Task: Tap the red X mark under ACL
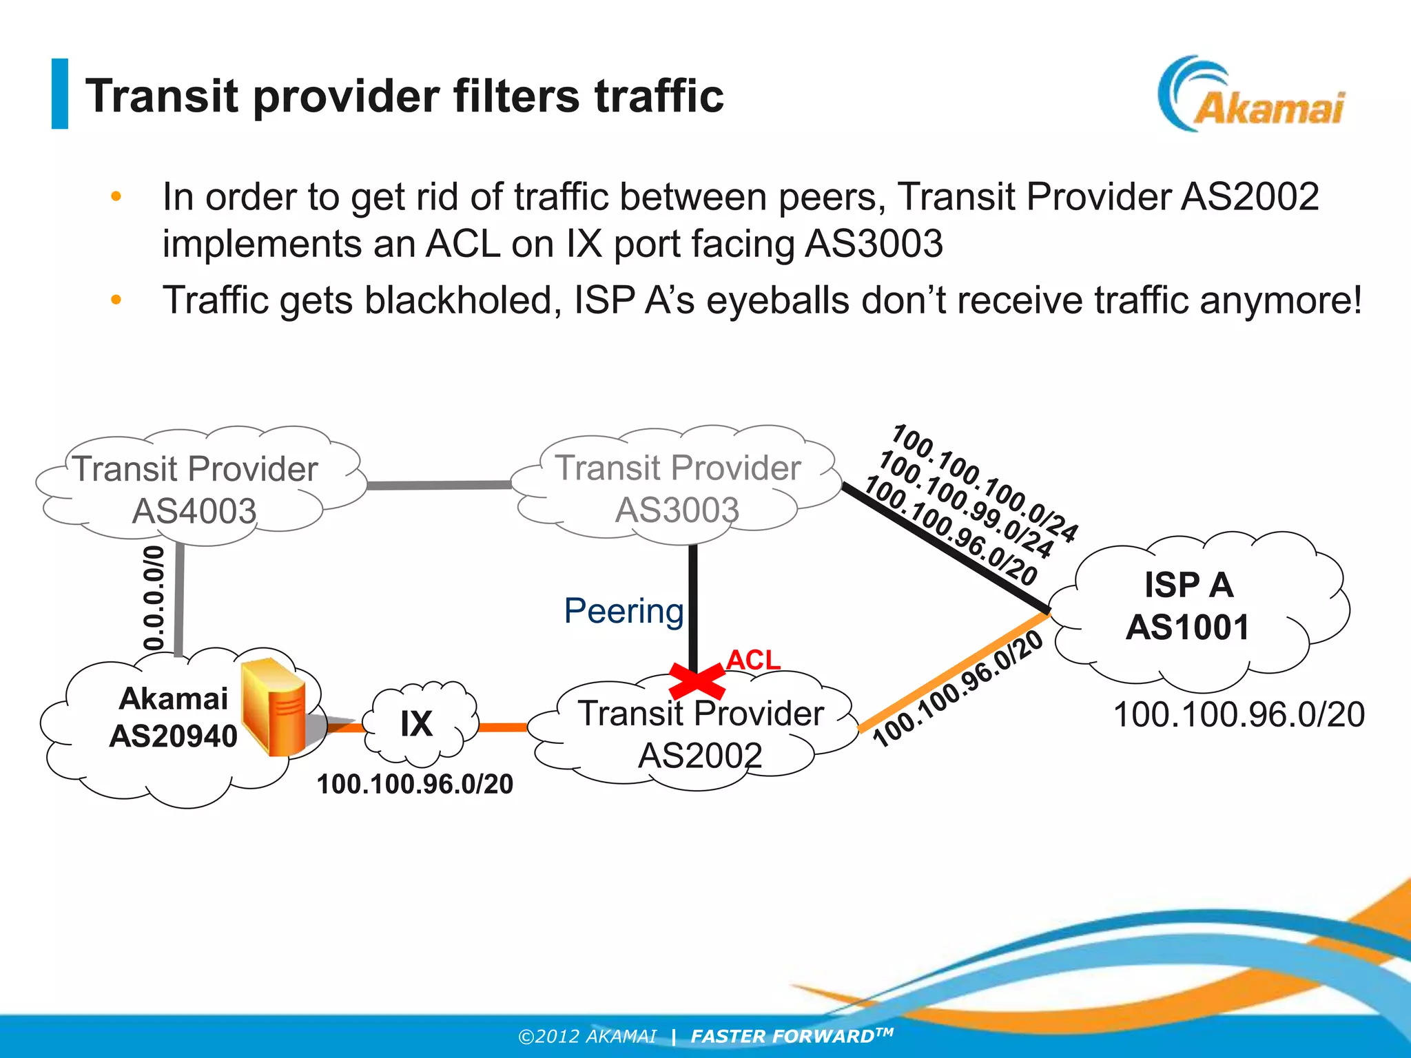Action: (x=696, y=681)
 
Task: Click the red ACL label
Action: (x=752, y=660)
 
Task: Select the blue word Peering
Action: (x=624, y=611)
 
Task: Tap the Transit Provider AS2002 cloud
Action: (x=699, y=734)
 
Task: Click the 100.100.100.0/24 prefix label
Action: (x=985, y=482)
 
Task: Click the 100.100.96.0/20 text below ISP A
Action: (x=1238, y=715)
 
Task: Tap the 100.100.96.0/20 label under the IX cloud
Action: (x=415, y=785)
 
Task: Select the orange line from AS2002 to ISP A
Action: (x=954, y=670)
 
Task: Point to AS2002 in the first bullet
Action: (x=1249, y=197)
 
